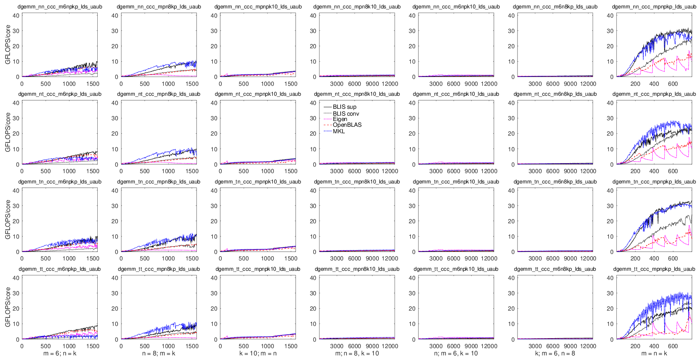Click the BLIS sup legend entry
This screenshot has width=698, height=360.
344,107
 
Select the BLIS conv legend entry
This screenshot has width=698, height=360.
346,114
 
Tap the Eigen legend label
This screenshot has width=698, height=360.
340,119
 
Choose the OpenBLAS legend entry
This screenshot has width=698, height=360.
347,125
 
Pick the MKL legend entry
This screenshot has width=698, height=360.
339,131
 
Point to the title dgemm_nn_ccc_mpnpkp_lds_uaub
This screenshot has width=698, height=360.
654,7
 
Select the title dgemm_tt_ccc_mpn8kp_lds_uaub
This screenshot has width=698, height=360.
159,269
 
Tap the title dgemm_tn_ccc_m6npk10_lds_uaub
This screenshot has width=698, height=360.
456,182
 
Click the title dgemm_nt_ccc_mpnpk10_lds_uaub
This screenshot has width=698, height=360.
258,94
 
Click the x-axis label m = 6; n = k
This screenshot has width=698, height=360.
60,353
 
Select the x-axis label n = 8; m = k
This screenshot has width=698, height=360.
159,353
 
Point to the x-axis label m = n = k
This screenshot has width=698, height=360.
654,353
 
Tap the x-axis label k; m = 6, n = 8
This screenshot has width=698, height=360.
555,353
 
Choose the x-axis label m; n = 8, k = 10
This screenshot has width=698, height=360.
357,353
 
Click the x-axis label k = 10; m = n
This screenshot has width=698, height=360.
258,353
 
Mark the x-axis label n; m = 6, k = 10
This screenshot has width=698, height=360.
456,353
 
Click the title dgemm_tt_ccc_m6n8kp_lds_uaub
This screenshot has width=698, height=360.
555,269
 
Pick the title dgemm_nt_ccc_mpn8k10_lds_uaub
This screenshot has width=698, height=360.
357,94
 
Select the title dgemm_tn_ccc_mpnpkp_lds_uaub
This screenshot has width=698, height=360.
654,182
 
